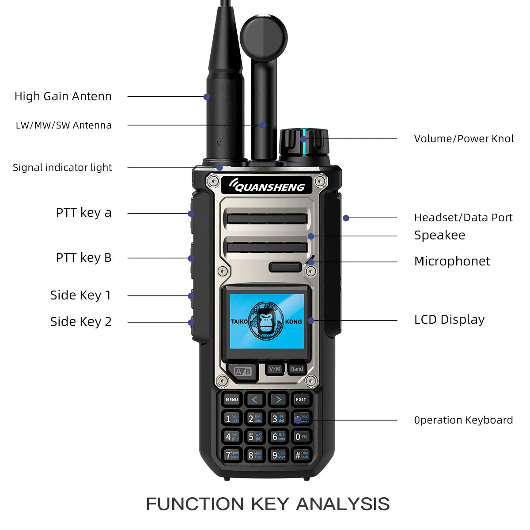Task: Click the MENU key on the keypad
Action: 231,399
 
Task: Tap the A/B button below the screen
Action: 242,371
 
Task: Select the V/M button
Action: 274,369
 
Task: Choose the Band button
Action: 297,369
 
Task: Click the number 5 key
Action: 255,437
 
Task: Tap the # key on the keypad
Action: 301,455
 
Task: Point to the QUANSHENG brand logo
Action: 266,186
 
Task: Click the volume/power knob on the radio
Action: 304,141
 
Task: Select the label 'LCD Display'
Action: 449,319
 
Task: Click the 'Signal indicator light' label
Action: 62,167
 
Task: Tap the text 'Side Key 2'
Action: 81,322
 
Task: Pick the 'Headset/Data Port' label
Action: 463,217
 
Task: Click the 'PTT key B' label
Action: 83,257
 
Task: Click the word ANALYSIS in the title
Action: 343,504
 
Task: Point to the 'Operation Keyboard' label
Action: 463,420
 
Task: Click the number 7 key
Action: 231,455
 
